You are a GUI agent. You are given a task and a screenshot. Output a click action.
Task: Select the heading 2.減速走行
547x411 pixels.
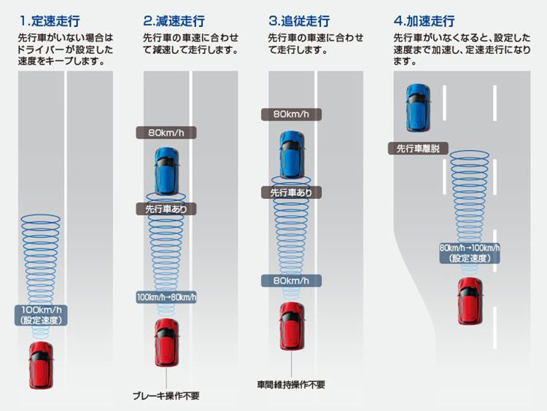click(175, 20)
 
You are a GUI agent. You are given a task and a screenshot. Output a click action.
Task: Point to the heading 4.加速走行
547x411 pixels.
click(426, 20)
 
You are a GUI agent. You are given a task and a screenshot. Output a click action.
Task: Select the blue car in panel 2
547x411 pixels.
click(166, 171)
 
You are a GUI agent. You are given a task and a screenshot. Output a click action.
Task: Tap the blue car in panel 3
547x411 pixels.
click(291, 154)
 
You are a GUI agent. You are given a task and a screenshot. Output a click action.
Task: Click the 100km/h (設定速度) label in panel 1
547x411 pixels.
click(41, 315)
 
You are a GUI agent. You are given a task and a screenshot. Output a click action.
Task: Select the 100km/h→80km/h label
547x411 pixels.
click(166, 297)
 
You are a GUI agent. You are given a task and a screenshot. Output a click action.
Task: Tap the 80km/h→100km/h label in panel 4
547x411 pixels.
click(469, 253)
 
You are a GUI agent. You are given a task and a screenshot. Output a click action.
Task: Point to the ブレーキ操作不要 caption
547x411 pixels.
click(166, 396)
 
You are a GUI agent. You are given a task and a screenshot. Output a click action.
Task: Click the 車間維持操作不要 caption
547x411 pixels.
click(291, 383)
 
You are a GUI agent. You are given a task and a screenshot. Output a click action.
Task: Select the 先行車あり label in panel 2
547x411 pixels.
click(166, 208)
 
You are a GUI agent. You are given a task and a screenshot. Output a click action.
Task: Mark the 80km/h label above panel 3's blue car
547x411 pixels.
click(291, 114)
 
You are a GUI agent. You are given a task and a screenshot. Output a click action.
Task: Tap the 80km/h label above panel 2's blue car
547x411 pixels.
click(166, 133)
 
